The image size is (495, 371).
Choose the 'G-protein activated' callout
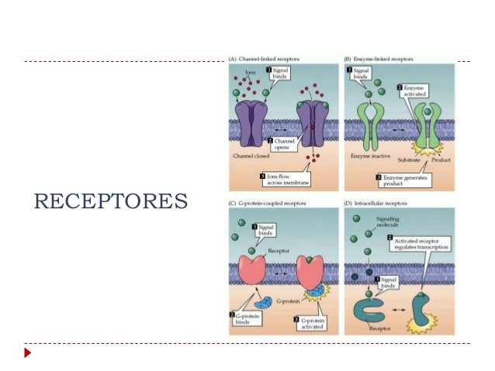pos(313,321)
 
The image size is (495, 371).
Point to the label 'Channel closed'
pos(251,156)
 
